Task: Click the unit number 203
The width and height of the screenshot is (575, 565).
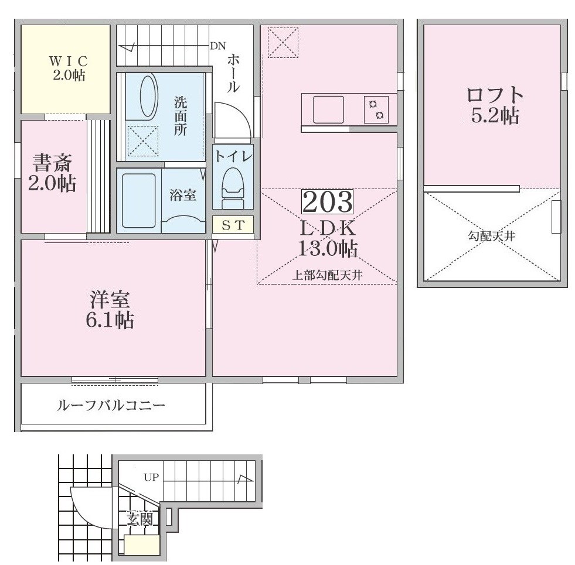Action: coord(327,201)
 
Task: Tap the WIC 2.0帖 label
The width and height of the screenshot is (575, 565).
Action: coord(69,68)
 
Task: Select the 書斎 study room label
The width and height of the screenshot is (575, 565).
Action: coord(52,163)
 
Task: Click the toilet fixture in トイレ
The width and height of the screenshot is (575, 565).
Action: coord(233,188)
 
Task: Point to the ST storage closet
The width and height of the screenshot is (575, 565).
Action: coord(233,225)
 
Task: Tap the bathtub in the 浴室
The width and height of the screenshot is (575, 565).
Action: coord(138,200)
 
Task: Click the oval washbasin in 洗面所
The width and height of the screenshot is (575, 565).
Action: coord(148,97)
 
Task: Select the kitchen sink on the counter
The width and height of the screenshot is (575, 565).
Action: coord(328,109)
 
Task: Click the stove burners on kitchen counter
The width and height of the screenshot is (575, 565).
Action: coord(376,109)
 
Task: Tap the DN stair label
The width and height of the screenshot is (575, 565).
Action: coord(218,46)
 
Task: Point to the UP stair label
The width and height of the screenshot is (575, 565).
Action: coord(151,477)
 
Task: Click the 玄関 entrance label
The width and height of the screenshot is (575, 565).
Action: coord(140,519)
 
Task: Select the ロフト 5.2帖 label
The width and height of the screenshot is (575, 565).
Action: coord(495,105)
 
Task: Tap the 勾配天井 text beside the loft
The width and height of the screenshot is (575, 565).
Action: coord(491,236)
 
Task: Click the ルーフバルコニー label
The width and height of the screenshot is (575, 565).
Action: coord(111,406)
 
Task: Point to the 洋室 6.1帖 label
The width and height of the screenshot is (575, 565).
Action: coord(110,310)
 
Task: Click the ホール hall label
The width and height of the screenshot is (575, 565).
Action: coord(233,73)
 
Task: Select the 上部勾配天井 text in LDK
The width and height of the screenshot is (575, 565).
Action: coord(327,275)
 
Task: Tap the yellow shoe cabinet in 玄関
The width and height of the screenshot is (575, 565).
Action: coord(142,545)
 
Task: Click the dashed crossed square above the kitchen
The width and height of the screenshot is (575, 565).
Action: coord(283,43)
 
